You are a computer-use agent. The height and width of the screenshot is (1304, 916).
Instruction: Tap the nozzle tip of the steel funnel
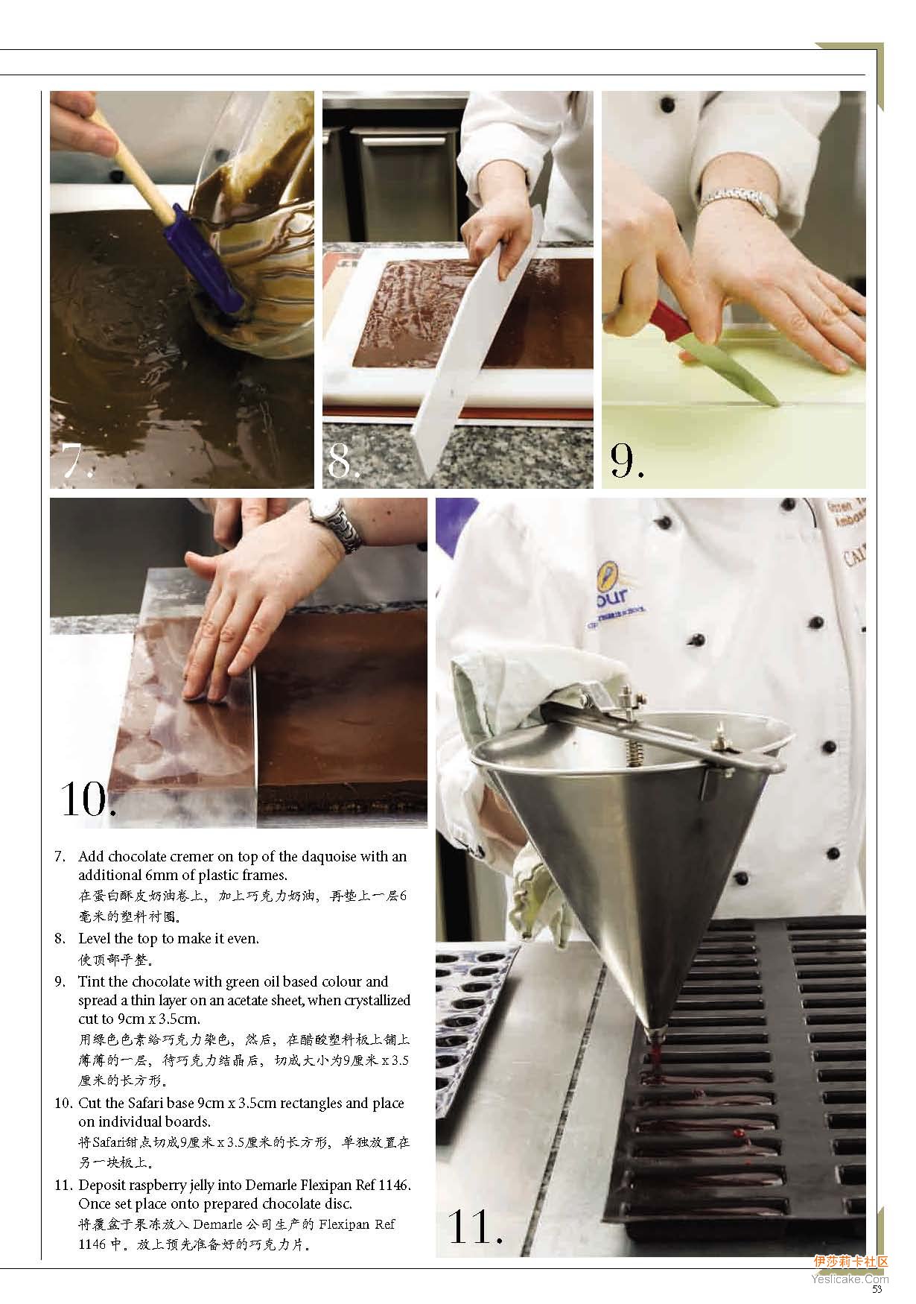[x=656, y=1034]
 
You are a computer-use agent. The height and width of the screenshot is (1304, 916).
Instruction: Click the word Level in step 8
[x=95, y=938]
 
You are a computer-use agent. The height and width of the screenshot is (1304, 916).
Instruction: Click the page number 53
[x=877, y=1288]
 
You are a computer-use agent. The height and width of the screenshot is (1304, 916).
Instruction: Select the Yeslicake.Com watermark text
[x=850, y=1277]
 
